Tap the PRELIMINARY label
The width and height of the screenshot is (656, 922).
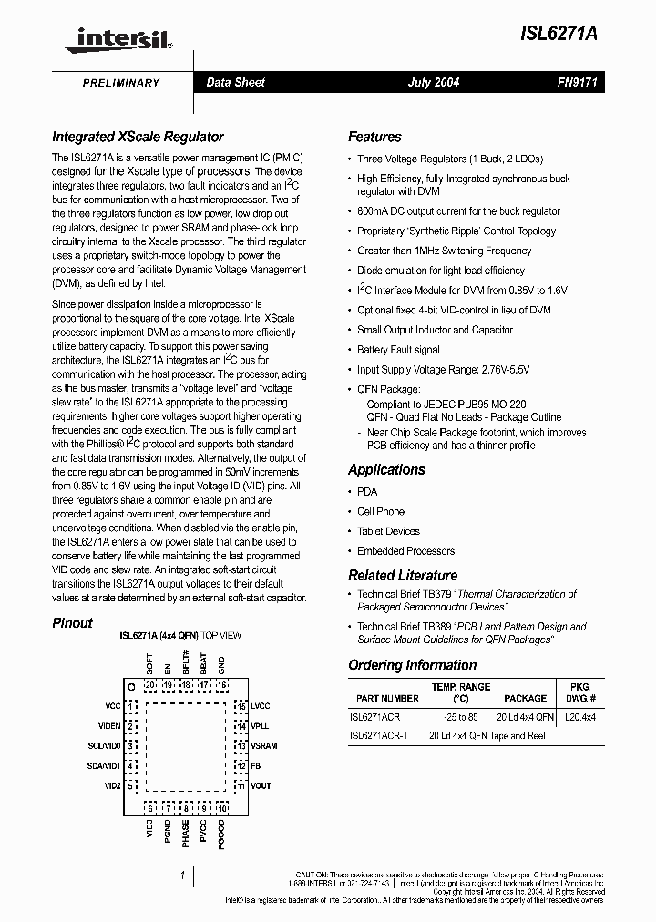tap(121, 83)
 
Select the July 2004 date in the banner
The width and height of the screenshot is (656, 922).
tap(433, 83)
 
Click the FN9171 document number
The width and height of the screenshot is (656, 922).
tap(576, 83)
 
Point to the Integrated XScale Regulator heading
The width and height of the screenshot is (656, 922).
tap(138, 137)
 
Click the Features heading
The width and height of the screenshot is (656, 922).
tap(374, 137)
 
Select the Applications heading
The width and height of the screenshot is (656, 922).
tap(386, 470)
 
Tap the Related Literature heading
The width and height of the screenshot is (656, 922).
tap(403, 576)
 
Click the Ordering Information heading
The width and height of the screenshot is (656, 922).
tap(412, 665)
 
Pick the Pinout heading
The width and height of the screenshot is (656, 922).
tap(72, 623)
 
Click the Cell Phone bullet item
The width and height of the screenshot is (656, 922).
tap(380, 512)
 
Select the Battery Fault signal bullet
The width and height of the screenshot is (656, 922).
tap(398, 350)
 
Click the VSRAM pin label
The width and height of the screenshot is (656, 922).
tap(263, 745)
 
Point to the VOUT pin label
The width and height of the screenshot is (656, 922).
tap(261, 785)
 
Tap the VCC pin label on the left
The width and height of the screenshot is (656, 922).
tap(112, 706)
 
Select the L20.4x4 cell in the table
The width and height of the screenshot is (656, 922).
tap(579, 716)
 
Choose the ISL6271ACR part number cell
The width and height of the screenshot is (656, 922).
tap(375, 716)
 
